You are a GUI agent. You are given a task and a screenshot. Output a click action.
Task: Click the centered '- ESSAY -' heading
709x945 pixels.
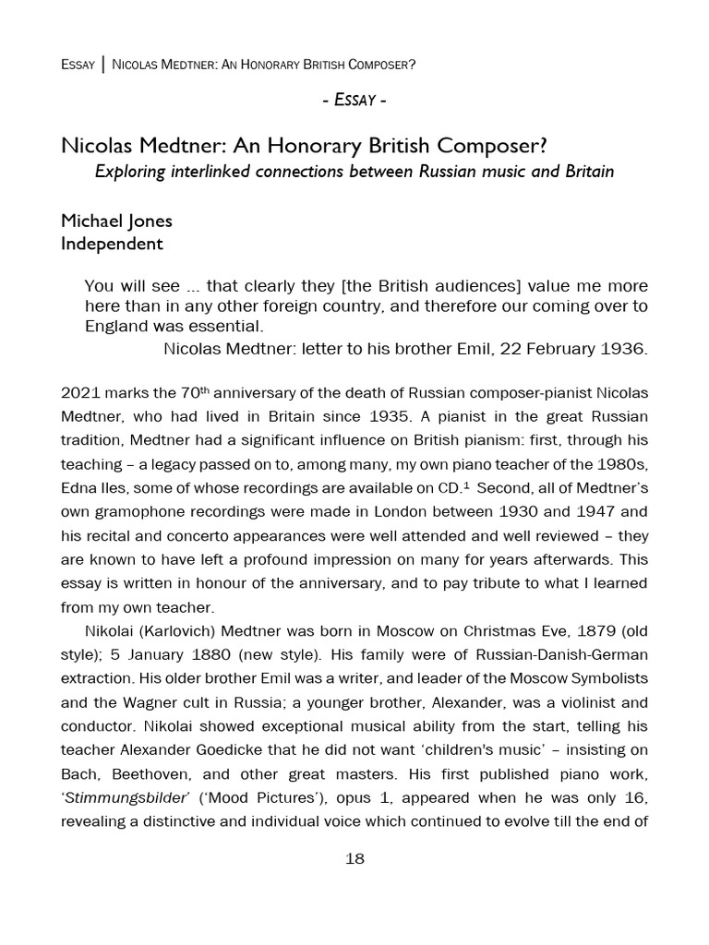coord(354,100)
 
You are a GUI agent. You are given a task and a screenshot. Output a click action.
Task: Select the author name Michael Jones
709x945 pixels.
coord(116,221)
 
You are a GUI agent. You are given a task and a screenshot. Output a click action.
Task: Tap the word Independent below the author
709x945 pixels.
coord(112,244)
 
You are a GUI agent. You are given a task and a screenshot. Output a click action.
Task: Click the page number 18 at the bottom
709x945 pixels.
coord(354,858)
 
